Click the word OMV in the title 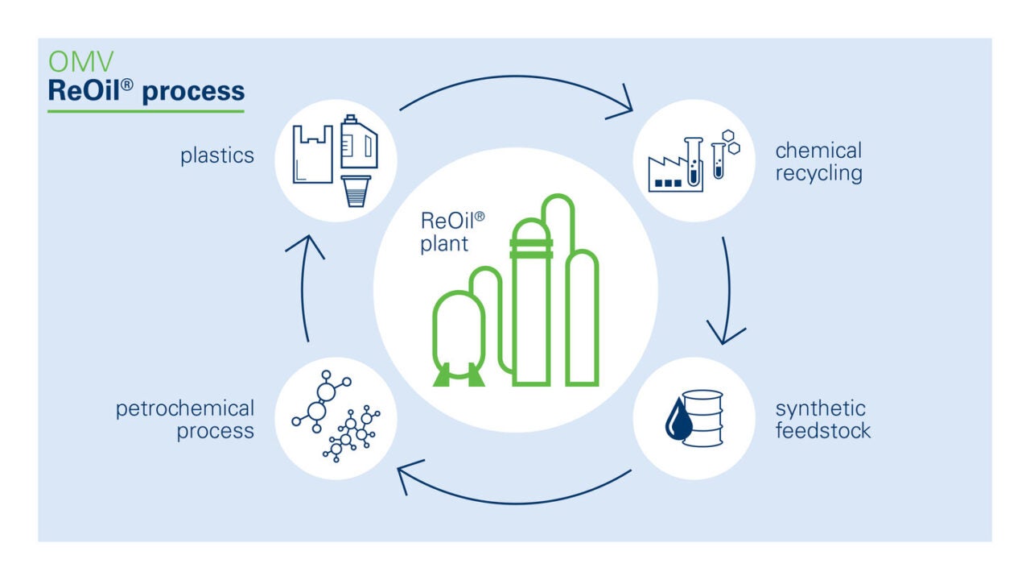[71, 62]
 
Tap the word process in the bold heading [193, 91]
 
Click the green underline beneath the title [146, 110]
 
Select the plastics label [216, 155]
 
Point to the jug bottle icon [359, 142]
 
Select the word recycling [818, 173]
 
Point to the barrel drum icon [703, 416]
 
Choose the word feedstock [822, 431]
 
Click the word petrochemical [185, 408]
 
